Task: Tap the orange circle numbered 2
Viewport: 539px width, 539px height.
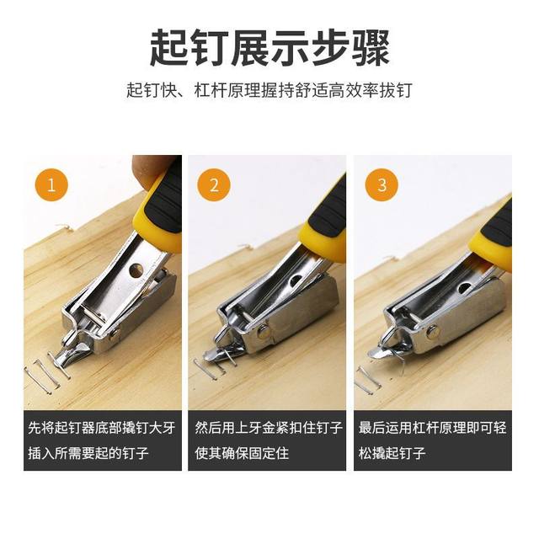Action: (x=214, y=185)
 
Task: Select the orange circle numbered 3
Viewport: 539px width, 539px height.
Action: (x=381, y=185)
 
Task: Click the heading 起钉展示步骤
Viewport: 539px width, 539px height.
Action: (x=269, y=47)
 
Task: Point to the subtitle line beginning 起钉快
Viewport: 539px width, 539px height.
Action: (x=269, y=88)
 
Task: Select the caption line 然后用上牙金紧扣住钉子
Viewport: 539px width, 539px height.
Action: (x=269, y=428)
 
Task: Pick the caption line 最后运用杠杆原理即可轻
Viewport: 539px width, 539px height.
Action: (x=432, y=428)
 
